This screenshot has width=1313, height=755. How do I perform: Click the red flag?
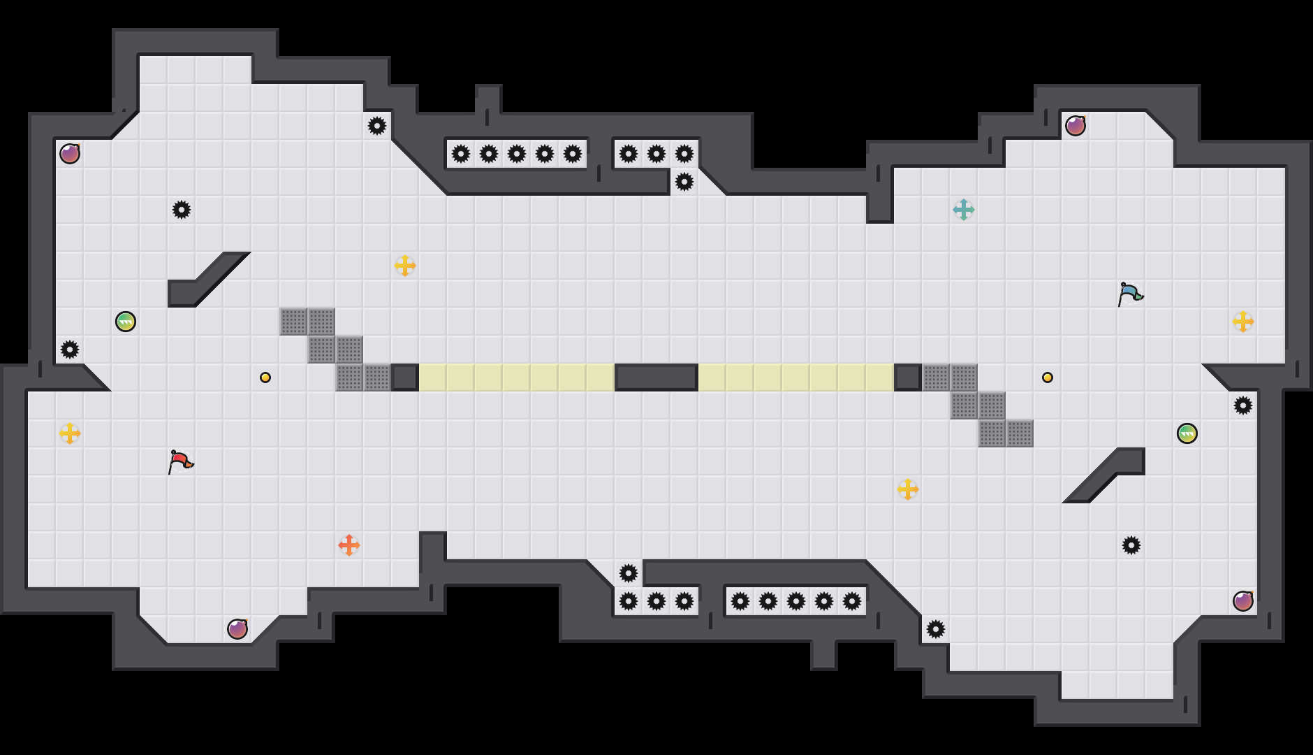(x=180, y=461)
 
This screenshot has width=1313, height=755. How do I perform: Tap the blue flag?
(x=1129, y=294)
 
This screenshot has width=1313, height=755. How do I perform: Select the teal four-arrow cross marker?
(x=964, y=210)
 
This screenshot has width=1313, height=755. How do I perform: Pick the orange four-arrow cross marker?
(x=349, y=545)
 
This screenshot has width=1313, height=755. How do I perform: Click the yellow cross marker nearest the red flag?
(x=70, y=433)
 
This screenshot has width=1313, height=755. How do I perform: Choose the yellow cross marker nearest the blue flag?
(x=1243, y=322)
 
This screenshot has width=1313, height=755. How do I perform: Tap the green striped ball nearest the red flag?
(x=126, y=322)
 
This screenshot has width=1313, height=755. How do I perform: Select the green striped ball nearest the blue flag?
(x=1187, y=433)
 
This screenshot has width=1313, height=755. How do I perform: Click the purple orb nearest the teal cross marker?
(x=1076, y=126)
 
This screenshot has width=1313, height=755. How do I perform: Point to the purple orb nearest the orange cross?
(x=237, y=629)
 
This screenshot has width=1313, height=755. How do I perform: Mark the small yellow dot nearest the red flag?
(x=265, y=377)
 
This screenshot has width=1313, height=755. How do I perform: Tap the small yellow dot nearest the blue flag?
(x=1048, y=377)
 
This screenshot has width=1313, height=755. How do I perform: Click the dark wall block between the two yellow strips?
(x=656, y=377)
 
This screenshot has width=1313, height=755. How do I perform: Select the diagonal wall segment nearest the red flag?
(x=210, y=280)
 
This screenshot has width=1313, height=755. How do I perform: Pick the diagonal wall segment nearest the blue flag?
(x=1103, y=475)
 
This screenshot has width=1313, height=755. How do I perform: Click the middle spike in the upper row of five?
(x=517, y=154)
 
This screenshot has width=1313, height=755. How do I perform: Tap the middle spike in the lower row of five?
(x=796, y=601)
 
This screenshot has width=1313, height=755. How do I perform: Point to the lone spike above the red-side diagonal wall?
(x=182, y=210)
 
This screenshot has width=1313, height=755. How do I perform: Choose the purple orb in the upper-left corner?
(x=70, y=154)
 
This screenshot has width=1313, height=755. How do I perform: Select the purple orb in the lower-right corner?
(x=1243, y=601)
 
